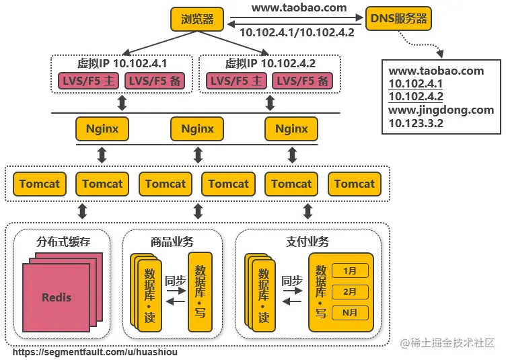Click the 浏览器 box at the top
pyautogui.click(x=197, y=20)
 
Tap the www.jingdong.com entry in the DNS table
pyautogui.click(x=441, y=110)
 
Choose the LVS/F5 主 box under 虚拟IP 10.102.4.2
pyautogui.click(x=238, y=81)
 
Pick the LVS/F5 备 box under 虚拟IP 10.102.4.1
pyautogui.click(x=154, y=81)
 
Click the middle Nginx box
pyautogui.click(x=197, y=129)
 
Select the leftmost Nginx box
pyautogui.click(x=102, y=129)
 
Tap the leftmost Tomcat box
pyautogui.click(x=40, y=184)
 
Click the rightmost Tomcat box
pyautogui.click(x=355, y=184)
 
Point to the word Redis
pyautogui.click(x=56, y=297)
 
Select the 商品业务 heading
pyautogui.click(x=172, y=242)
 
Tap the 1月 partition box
pyautogui.click(x=350, y=271)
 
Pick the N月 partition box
pyautogui.click(x=350, y=313)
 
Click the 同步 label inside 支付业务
pyautogui.click(x=292, y=281)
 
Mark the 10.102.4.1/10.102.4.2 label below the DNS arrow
pyautogui.click(x=297, y=32)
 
